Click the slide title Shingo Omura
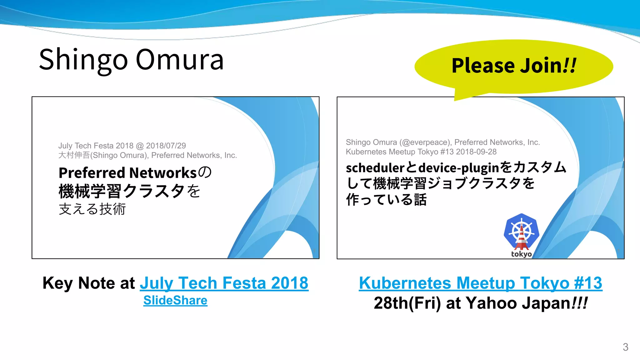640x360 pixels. [x=131, y=59]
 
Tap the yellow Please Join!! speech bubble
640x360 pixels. [x=513, y=66]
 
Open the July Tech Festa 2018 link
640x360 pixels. [x=224, y=283]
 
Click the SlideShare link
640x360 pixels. [x=175, y=300]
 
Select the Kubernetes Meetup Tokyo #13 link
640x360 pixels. [x=480, y=283]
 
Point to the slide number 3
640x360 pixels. [x=625, y=347]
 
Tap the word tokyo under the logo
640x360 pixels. [x=521, y=254]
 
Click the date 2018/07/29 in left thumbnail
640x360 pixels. [x=166, y=146]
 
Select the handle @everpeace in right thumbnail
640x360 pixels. [x=425, y=142]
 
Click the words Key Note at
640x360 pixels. [x=89, y=283]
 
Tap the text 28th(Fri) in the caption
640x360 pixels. [x=407, y=303]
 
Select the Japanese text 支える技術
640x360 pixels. [x=92, y=209]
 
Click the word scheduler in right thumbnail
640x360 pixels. [x=375, y=168]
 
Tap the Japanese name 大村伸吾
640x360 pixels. [x=74, y=155]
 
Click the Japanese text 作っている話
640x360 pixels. [x=386, y=199]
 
